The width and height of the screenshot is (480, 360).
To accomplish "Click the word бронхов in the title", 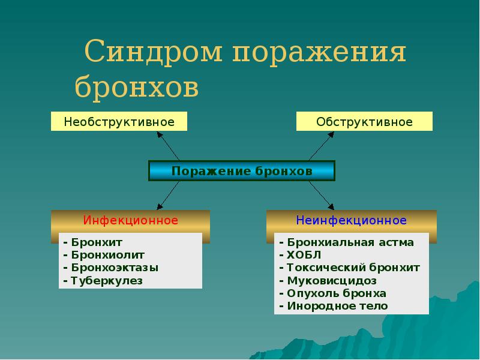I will click(x=137, y=87).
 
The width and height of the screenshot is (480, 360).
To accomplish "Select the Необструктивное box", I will click(x=119, y=122).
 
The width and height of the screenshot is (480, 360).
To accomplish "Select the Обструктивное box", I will click(x=364, y=122).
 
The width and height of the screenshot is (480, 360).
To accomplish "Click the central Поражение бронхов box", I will click(x=242, y=171).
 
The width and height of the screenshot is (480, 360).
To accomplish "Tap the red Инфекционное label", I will click(x=130, y=220).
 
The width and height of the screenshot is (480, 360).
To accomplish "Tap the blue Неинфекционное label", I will click(x=351, y=220).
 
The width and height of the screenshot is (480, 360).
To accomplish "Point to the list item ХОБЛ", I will click(x=300, y=255).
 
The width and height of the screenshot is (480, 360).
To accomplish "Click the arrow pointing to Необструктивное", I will click(x=170, y=146).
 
